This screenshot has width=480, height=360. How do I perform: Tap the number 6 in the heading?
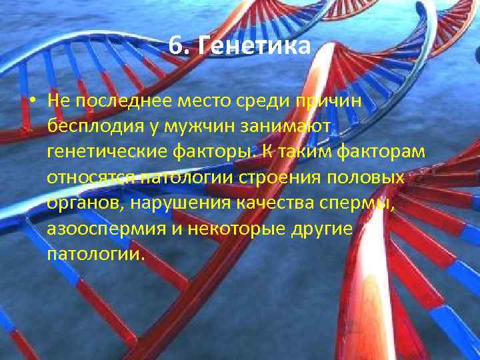[174, 47]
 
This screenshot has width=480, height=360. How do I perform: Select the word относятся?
[90, 179]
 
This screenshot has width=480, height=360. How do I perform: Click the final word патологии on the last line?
[95, 255]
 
